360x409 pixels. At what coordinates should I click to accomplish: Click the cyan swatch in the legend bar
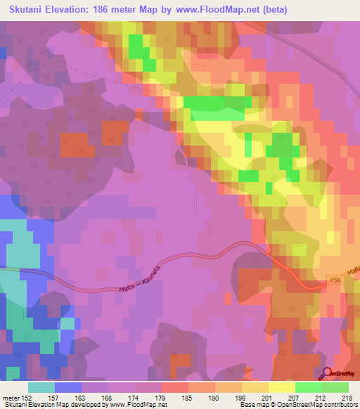tap(41, 387)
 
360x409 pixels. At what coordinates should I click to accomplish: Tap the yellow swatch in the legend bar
tap(281, 387)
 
